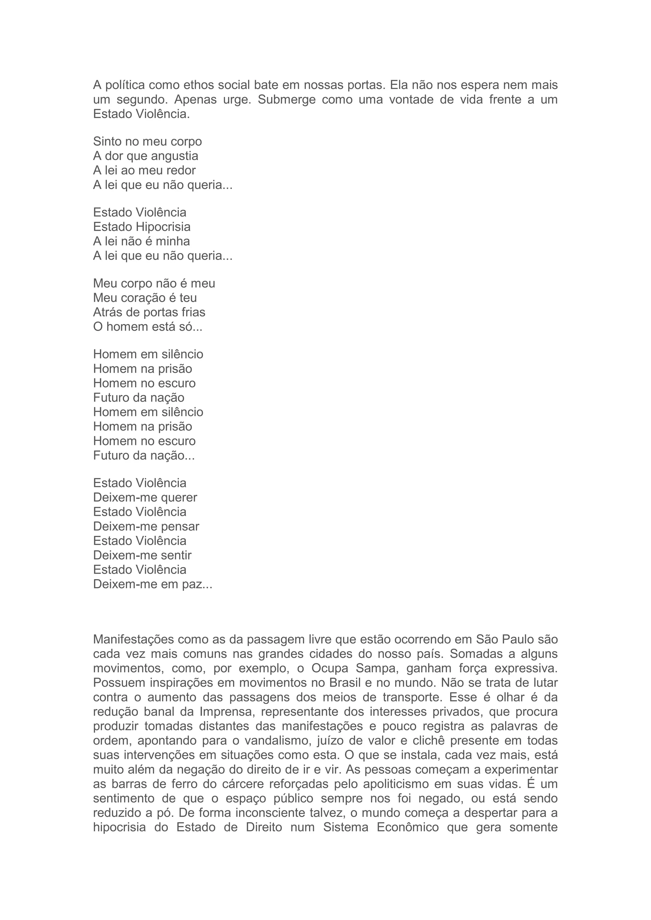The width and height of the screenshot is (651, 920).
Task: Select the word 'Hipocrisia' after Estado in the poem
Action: [163, 227]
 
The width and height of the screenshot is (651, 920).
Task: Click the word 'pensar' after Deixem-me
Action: [180, 526]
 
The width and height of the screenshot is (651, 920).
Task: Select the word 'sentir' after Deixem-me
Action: [176, 555]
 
